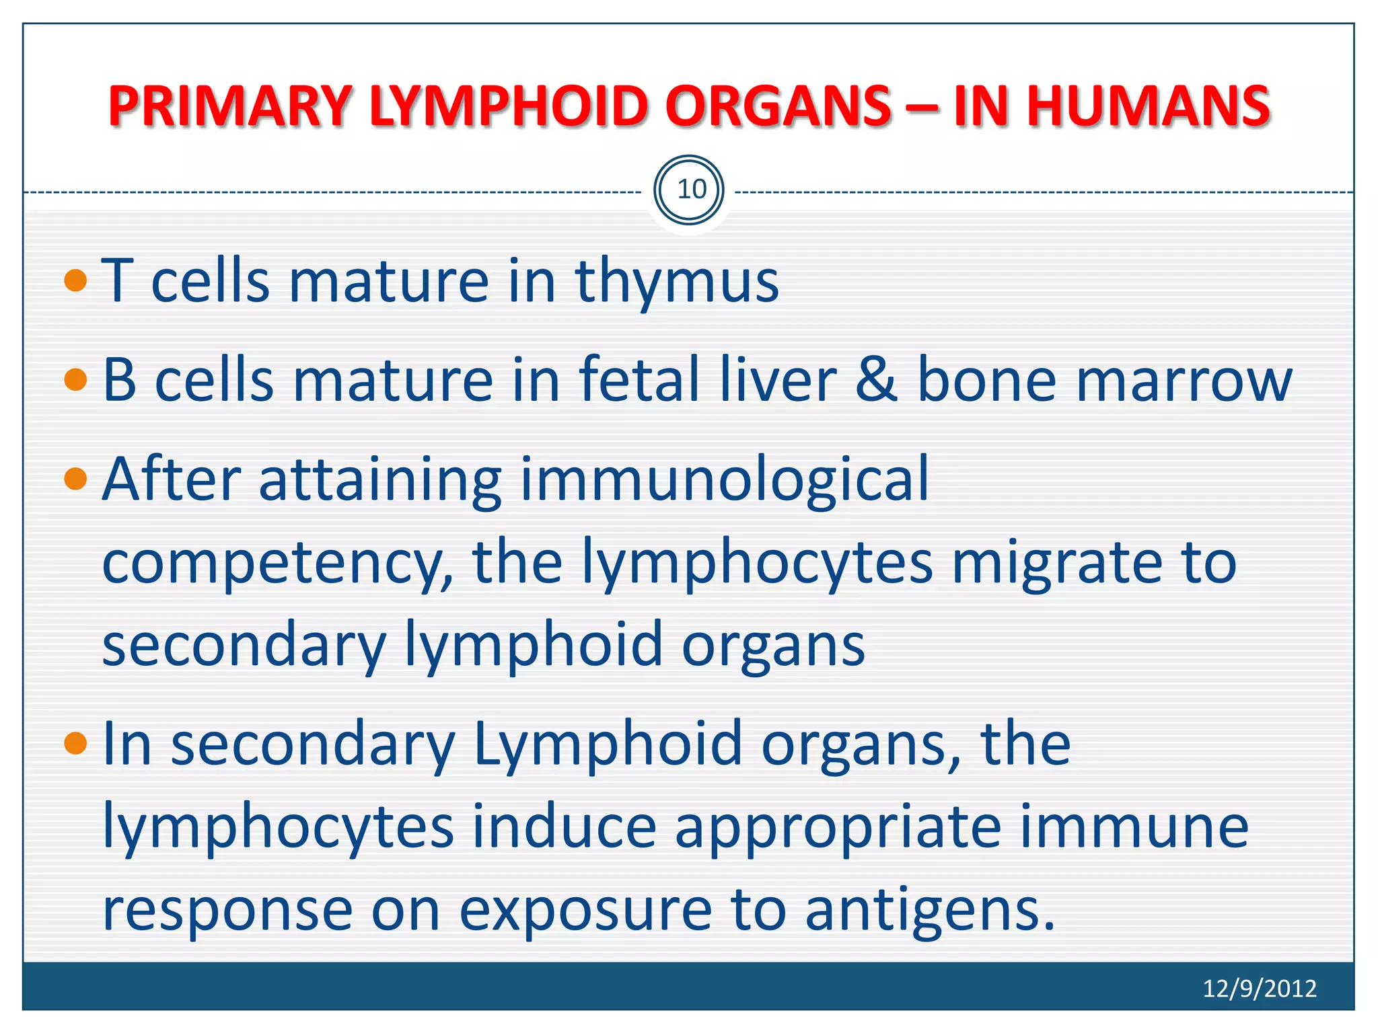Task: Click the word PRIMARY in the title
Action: coord(229,106)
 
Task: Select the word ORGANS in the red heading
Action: coord(778,106)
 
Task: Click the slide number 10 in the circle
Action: coord(690,190)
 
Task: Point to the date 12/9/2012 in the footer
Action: coord(1259,988)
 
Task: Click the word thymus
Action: coord(676,281)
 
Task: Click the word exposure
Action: coord(585,913)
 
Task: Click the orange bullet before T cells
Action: coord(76,280)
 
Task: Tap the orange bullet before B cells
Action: coord(76,380)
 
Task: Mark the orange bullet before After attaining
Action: coord(76,480)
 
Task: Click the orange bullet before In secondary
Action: coord(76,744)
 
